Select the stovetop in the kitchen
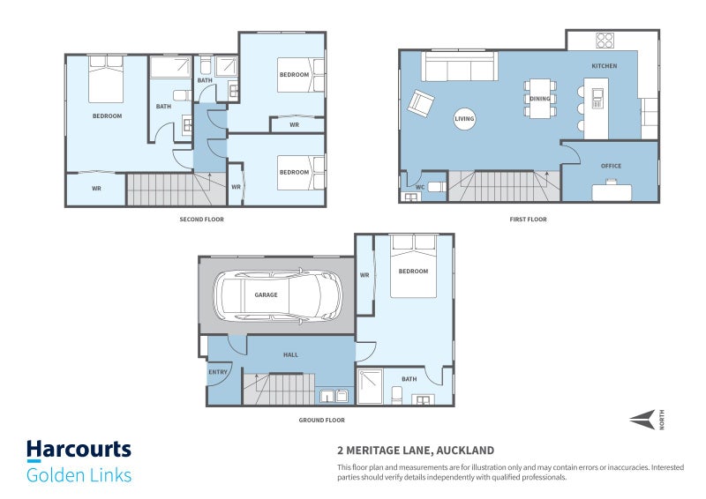coord(605,41)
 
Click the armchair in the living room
coord(421,102)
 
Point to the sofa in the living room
coord(460,66)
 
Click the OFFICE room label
coord(611,166)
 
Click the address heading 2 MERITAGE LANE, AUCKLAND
coord(409,449)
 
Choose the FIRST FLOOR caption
coord(529,220)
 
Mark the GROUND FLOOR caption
coord(321,421)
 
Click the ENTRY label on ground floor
coord(218,372)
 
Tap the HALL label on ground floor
coord(290,354)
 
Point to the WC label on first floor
coord(420,187)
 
